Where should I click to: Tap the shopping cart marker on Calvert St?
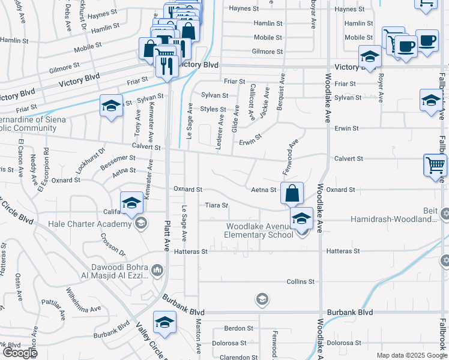tap(435, 166)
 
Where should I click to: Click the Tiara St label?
tap(217, 205)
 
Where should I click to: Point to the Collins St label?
tap(300, 281)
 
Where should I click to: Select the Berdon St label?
tap(239, 328)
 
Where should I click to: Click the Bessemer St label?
tap(118, 161)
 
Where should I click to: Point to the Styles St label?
tap(212, 109)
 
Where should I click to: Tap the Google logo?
tap(20, 353)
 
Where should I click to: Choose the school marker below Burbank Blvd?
tap(164, 323)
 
